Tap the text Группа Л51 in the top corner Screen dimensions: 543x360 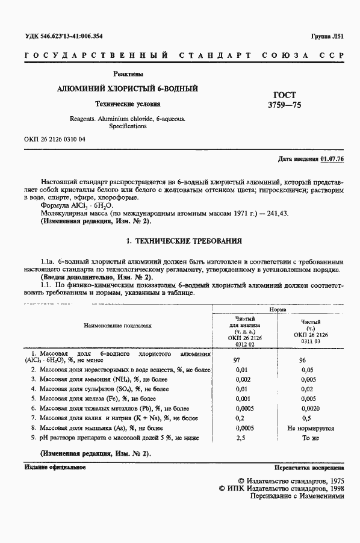[x=328, y=36]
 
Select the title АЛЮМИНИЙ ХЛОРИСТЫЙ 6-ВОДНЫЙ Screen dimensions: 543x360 [x=127, y=89]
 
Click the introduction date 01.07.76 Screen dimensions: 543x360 [x=332, y=159]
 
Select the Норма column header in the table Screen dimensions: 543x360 [x=278, y=308]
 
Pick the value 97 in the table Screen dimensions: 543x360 [x=237, y=359]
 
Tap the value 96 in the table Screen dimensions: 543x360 [x=303, y=359]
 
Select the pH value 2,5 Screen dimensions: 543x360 [x=240, y=438]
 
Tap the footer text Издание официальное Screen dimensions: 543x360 [x=55, y=467]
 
